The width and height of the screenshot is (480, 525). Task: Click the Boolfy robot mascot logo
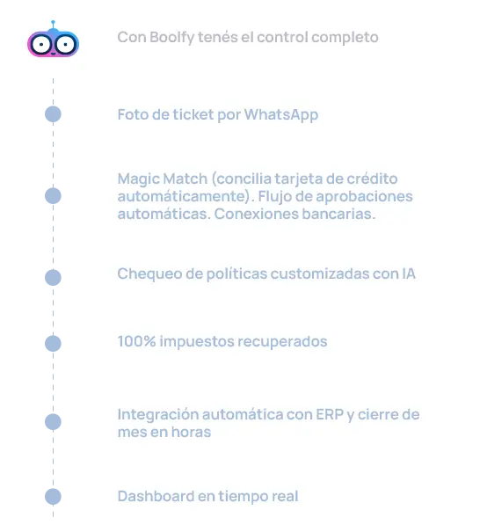[53, 39]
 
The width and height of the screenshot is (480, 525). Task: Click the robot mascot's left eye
[40, 44]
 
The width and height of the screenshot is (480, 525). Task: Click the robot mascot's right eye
[65, 44]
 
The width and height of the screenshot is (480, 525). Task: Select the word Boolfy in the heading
[171, 38]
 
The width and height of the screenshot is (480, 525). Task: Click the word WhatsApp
[281, 115]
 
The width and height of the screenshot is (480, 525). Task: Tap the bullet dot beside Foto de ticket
[53, 114]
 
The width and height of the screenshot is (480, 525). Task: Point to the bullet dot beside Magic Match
[53, 196]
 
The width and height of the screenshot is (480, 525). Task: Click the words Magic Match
[163, 179]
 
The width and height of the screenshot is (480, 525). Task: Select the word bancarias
[338, 214]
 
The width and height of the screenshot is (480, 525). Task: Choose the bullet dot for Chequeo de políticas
[53, 278]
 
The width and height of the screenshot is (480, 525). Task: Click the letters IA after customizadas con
[409, 273]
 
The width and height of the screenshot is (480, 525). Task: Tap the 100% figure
[136, 341]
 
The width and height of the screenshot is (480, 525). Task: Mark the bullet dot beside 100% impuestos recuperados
[53, 344]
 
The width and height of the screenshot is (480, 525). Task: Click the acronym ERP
[330, 414]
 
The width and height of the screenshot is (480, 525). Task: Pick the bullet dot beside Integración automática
[53, 422]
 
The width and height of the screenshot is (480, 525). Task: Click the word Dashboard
[156, 496]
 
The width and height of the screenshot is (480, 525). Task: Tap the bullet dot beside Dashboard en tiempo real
[53, 497]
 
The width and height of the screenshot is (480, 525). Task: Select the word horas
[191, 432]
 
